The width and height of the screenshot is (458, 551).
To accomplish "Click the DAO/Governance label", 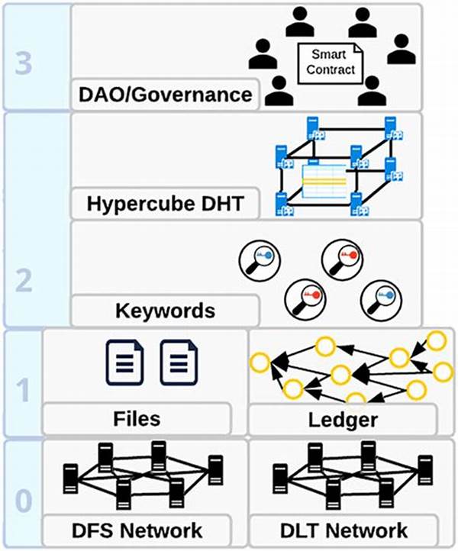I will point(165,95).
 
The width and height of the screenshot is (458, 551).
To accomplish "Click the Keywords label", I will point(165,311).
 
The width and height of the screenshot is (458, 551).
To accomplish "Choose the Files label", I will point(137,418).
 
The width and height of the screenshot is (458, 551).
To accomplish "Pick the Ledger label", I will point(343,418).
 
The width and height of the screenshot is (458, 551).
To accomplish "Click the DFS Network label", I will point(137,529).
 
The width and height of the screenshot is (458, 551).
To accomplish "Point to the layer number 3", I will point(24,63).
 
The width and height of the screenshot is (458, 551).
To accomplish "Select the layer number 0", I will point(24,501).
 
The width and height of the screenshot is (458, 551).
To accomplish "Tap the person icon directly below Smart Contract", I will point(369,92).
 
